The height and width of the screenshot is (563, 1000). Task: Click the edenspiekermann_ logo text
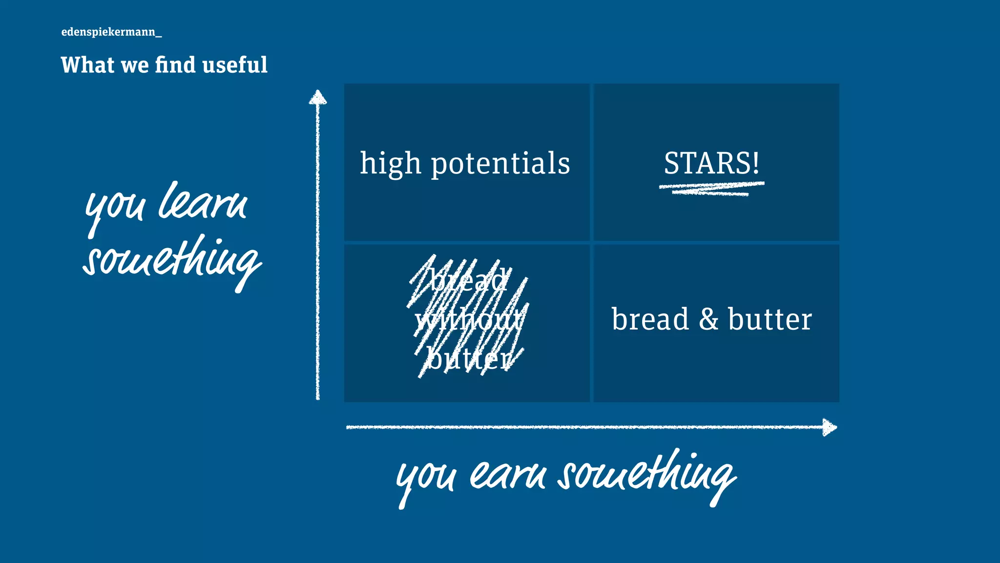(111, 32)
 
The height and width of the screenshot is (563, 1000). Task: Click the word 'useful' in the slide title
(235, 65)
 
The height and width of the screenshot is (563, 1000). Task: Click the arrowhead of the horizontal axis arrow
(829, 427)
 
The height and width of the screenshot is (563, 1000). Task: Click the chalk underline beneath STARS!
(711, 189)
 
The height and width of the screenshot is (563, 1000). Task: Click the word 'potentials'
(500, 164)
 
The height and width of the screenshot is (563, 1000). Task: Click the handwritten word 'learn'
(203, 203)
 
